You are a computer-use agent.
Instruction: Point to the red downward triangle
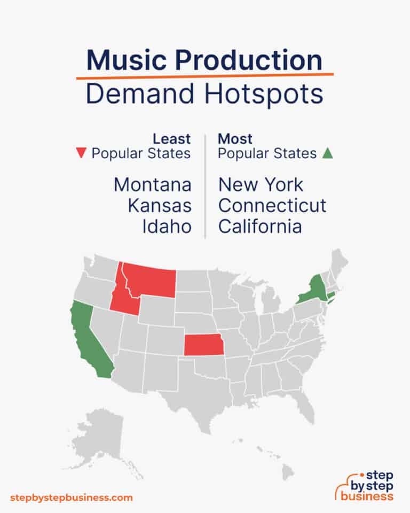coord(81,154)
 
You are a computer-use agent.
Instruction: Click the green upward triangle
coord(328,154)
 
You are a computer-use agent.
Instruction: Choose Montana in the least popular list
coord(152,185)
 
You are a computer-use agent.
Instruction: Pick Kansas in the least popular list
coord(159,205)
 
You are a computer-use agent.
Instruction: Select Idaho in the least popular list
coord(167,226)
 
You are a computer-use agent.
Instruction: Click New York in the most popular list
coord(261,185)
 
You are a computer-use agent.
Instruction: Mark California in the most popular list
coord(260,226)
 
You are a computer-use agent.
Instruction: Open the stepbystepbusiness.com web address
coord(72,498)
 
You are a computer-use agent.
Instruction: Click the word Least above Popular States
coord(172,139)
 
